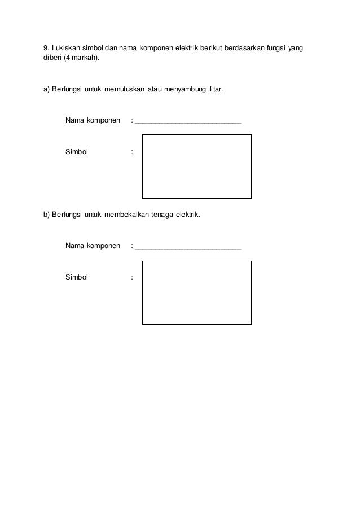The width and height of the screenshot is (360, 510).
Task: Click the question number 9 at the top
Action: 46,48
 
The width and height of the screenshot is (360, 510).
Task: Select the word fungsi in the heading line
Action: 274,48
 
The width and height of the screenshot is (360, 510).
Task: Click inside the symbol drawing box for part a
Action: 196,167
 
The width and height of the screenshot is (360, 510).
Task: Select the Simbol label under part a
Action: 77,151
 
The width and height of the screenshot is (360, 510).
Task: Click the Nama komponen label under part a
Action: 93,120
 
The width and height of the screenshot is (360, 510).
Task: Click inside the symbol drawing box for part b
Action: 196,293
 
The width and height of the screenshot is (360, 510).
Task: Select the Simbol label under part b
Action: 77,277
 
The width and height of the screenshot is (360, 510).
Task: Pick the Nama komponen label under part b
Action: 93,246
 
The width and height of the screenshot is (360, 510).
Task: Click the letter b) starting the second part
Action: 47,215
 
